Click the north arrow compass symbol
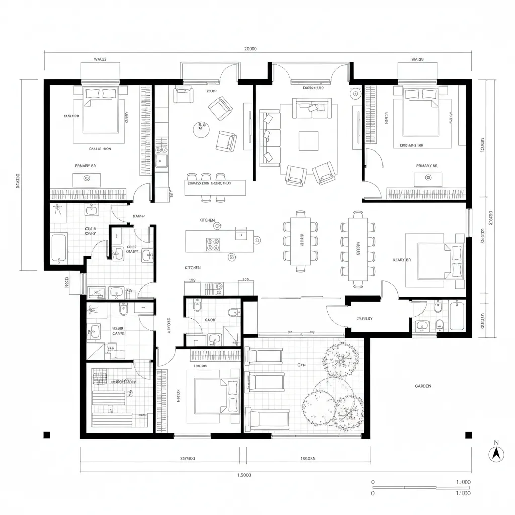[496, 453]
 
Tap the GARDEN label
[422, 386]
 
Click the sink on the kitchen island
[241, 233]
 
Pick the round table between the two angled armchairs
[200, 129]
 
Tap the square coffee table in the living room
[308, 141]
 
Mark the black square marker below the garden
[468, 435]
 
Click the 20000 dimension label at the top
[250, 49]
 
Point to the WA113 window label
[100, 59]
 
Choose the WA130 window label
[417, 59]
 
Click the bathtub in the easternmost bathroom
[457, 316]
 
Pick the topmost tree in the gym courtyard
[341, 359]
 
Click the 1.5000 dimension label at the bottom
[244, 474]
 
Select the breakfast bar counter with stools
[216, 188]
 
